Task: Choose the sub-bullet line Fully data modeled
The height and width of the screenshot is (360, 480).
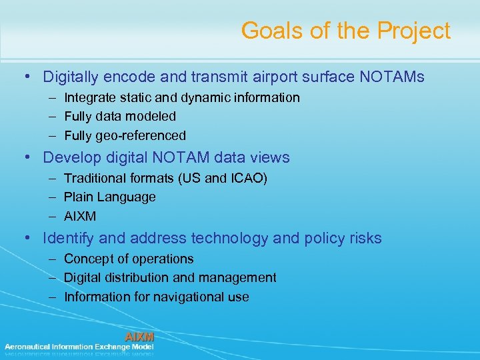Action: [120, 117]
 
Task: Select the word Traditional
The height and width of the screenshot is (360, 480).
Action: [93, 179]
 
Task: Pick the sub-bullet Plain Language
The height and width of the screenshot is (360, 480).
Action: [110, 197]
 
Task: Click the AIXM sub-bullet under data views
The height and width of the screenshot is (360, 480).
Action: [80, 217]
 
